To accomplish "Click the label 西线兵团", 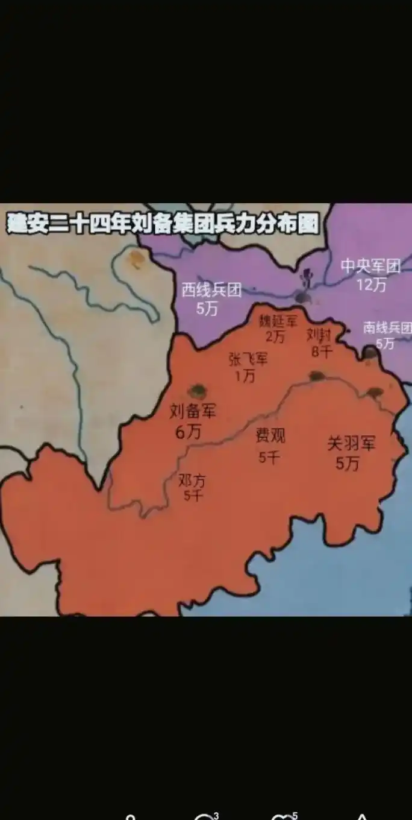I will tap(211, 290).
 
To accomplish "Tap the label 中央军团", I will tap(370, 266).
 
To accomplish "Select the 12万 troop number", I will tap(370, 285).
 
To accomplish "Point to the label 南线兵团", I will tap(387, 327).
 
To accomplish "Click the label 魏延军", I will tap(278, 320).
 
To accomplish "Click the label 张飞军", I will tap(248, 359).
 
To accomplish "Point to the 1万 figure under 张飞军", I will tap(245, 376).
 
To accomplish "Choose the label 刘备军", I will tap(193, 412).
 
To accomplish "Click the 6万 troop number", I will tap(189, 432).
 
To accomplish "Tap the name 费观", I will tap(270, 435).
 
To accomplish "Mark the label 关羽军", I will tap(351, 444).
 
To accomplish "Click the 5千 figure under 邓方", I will tap(193, 496).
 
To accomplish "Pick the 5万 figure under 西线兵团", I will tap(207, 308).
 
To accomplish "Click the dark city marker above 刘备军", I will tap(196, 391).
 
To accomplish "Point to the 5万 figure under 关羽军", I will tap(348, 463).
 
